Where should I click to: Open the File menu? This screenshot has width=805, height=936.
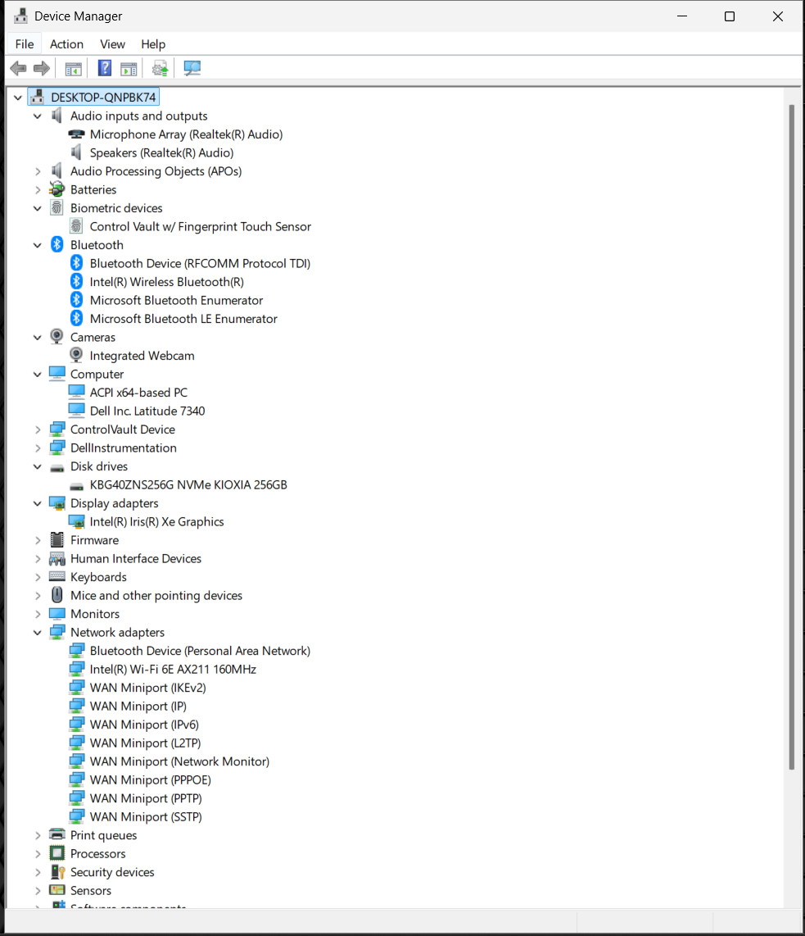tap(25, 44)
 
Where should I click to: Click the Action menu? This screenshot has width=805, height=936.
tap(66, 44)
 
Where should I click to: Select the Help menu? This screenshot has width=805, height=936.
tap(153, 44)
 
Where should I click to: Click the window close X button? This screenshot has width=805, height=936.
tap(778, 16)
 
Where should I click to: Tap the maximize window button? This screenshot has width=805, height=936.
tap(730, 16)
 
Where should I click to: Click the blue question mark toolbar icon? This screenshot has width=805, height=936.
tap(104, 68)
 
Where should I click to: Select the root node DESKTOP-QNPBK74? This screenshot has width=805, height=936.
tap(103, 98)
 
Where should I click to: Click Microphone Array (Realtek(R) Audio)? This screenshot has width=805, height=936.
tap(186, 134)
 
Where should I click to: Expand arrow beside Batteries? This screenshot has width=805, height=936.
tap(38, 190)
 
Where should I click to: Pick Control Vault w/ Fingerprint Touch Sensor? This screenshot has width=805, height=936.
tap(201, 227)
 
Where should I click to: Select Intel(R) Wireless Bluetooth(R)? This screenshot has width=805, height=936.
tap(166, 282)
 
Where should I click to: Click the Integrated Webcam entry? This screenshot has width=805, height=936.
tap(142, 356)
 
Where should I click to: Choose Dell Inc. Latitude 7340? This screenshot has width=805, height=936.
tap(147, 411)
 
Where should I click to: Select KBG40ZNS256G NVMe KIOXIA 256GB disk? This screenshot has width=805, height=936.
tap(188, 484)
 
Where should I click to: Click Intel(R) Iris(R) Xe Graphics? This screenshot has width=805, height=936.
tap(157, 522)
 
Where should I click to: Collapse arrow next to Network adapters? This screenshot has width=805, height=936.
tap(38, 633)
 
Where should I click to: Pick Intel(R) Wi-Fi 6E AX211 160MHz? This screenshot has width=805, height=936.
tap(173, 669)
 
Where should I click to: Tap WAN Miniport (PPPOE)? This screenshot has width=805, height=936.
tap(150, 780)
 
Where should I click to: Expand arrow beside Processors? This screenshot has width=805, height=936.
tap(38, 854)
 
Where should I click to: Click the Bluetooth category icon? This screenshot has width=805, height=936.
tap(57, 244)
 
